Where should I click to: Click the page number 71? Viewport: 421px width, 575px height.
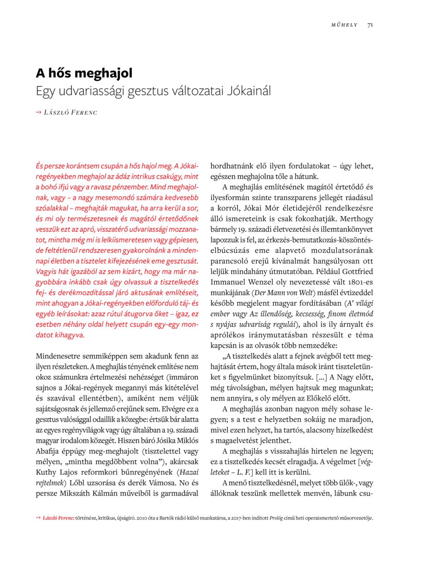370,25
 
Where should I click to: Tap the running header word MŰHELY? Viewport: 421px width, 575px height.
344,25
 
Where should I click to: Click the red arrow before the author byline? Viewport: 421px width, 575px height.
39,113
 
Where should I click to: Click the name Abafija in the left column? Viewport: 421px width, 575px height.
49,451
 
